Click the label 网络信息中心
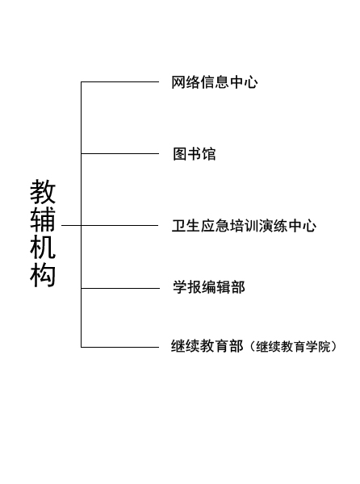(215, 82)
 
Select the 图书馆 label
(195, 154)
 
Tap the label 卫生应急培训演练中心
(244, 226)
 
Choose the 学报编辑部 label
(209, 287)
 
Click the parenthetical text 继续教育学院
(293, 347)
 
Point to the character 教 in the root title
(43, 192)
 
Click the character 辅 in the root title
(43, 219)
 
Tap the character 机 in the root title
(43, 247)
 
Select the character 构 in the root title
(43, 275)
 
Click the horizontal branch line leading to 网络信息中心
(119, 81)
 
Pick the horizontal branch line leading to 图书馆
(119, 153)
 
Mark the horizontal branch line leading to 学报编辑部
(120, 288)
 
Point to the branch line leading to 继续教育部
(119, 347)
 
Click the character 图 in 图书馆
(180, 154)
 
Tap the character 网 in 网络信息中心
(178, 82)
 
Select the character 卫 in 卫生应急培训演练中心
(178, 226)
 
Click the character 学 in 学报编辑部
(180, 287)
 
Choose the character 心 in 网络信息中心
(251, 82)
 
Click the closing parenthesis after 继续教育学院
(333, 347)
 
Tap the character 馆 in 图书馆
(209, 154)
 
